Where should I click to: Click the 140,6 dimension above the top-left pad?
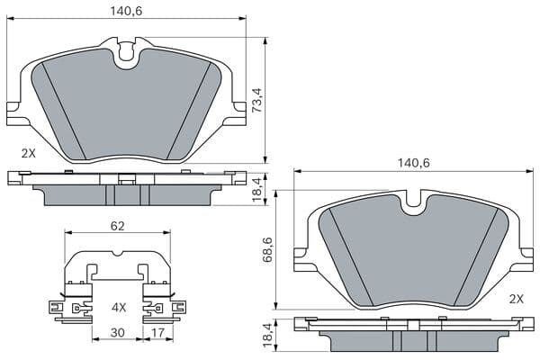coord(126,11)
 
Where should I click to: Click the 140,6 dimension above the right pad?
coord(414,163)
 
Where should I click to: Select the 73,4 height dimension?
coord(256,100)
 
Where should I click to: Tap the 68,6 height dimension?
coord(267,250)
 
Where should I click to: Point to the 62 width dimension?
coord(117,226)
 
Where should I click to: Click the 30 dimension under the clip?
coord(117,332)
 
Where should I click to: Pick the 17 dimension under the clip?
coord(157,332)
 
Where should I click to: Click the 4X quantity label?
coord(119,307)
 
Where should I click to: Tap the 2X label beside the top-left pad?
coord(28,153)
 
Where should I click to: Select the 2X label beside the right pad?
coord(517,299)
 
